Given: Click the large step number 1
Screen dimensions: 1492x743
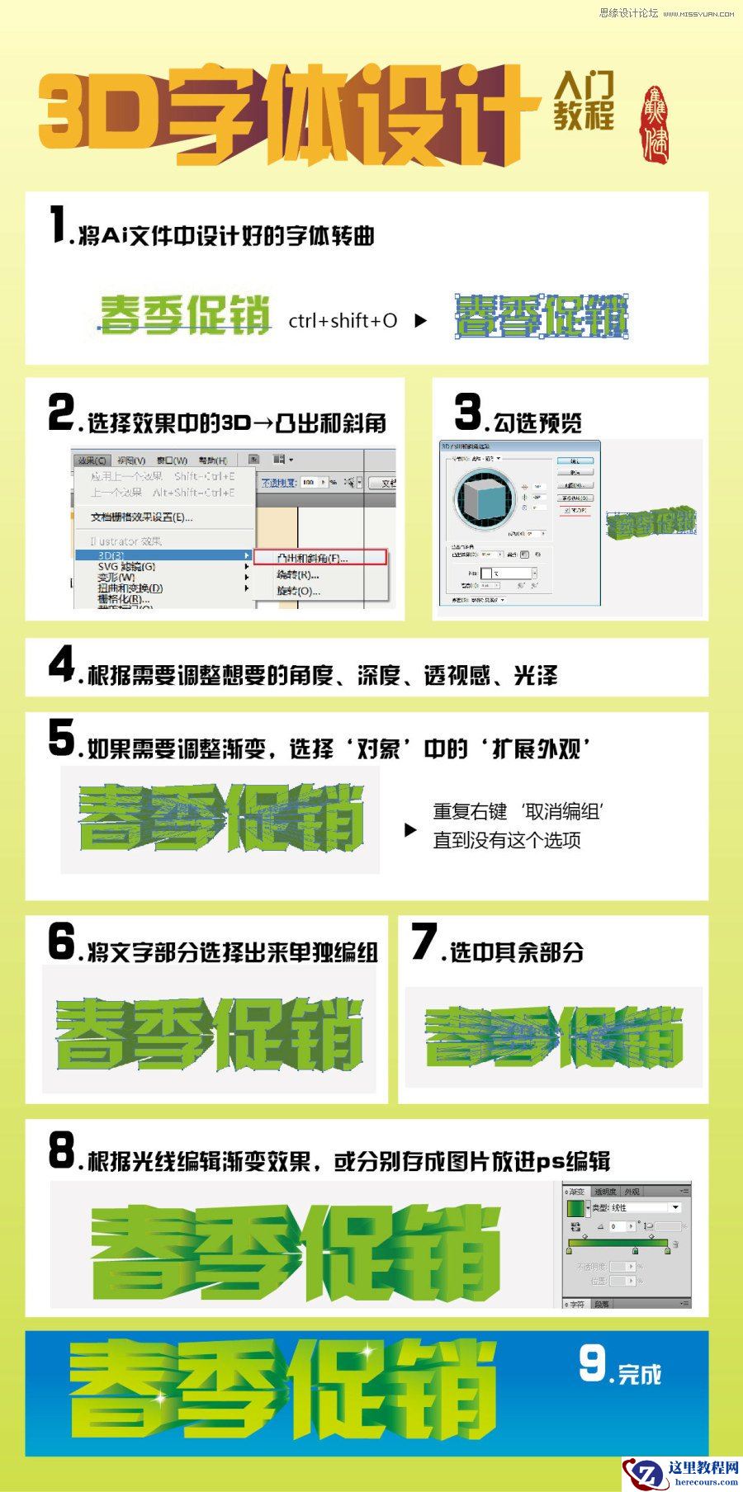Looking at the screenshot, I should pyautogui.click(x=58, y=225).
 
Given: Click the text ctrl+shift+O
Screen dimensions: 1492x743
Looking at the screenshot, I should pyautogui.click(x=343, y=320).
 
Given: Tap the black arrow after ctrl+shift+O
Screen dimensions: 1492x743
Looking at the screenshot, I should pyautogui.click(x=420, y=321).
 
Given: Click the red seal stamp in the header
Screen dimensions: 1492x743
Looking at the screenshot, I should pyautogui.click(x=655, y=124).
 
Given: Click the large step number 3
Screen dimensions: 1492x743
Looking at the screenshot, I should pyautogui.click(x=468, y=412).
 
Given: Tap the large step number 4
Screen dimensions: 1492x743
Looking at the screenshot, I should pyautogui.click(x=62, y=664).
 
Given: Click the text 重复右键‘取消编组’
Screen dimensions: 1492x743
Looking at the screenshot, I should pyautogui.click(x=518, y=811).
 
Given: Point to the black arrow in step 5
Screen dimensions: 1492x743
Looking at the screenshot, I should pyautogui.click(x=410, y=830).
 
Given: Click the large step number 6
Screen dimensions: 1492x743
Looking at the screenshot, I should pyautogui.click(x=62, y=942).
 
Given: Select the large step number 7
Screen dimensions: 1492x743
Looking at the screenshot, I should pyautogui.click(x=424, y=942).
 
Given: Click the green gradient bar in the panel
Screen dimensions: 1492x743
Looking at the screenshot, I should pyautogui.click(x=618, y=1243).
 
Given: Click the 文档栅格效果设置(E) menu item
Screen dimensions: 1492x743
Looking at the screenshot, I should pyautogui.click(x=140, y=517).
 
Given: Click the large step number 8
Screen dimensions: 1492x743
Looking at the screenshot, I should pyautogui.click(x=62, y=1150).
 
